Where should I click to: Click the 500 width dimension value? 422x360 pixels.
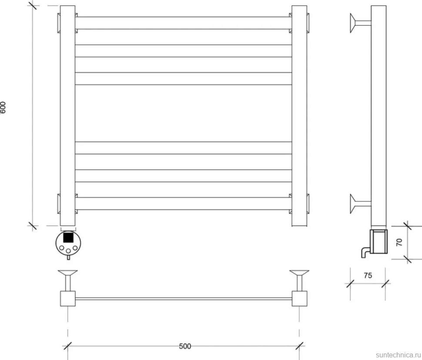click(185, 346)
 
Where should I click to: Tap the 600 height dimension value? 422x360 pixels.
click(3, 107)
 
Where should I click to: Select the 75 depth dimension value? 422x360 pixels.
click(368, 276)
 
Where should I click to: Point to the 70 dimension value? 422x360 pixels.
click(399, 242)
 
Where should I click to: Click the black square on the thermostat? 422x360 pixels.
click(68, 237)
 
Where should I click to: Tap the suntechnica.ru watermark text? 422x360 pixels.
click(399, 355)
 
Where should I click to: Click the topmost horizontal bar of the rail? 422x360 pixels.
click(183, 23)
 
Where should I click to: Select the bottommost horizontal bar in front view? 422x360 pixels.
click(183, 203)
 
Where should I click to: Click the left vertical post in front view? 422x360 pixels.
click(67, 116)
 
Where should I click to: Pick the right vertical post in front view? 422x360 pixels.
click(299, 116)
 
